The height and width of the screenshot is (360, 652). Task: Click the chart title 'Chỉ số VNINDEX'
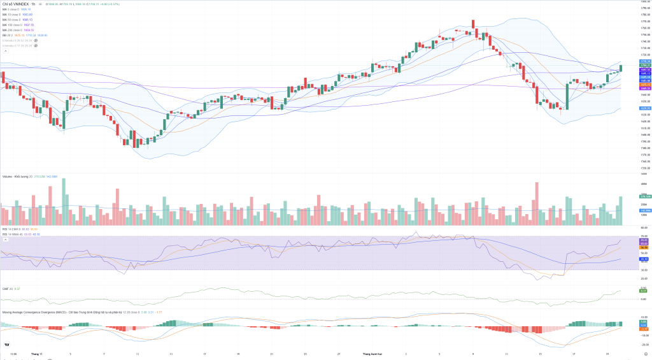click(15, 4)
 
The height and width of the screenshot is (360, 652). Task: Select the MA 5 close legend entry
click(12, 10)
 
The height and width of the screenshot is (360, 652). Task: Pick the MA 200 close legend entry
click(13, 30)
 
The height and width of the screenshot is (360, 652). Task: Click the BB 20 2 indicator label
click(8, 35)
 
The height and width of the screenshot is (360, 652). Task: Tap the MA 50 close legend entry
click(13, 20)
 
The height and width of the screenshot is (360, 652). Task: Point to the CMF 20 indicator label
click(7, 289)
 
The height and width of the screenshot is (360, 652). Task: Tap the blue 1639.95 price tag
click(644, 108)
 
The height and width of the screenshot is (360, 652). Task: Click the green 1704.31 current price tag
click(644, 65)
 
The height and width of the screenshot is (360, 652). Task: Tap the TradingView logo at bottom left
click(6, 345)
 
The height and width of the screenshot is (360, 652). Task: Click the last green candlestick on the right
click(621, 68)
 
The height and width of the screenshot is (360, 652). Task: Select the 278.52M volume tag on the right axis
click(644, 196)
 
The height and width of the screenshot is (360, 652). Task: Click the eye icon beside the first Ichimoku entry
click(36, 40)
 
